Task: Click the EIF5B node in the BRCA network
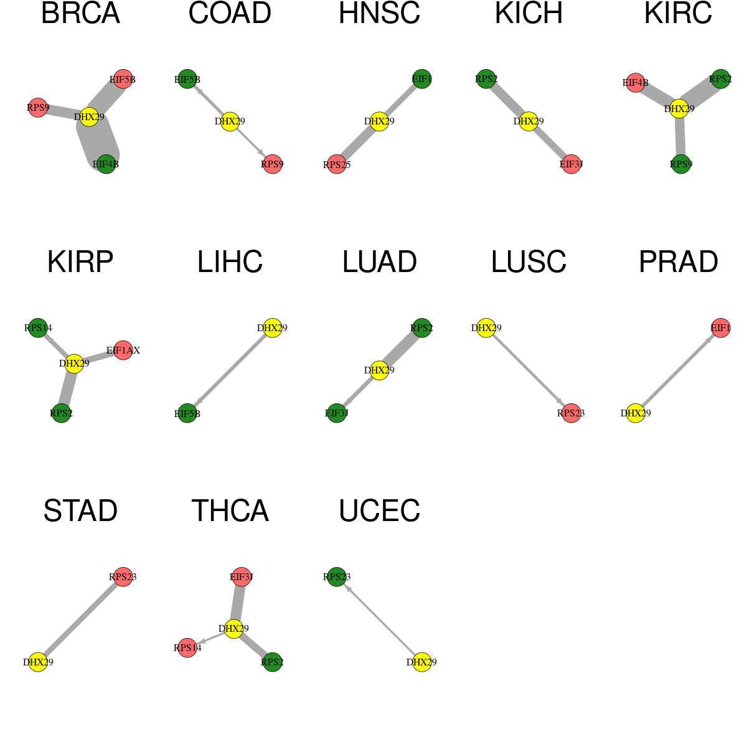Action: (123, 79)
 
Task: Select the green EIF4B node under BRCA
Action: (106, 164)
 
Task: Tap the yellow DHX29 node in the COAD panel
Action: (230, 121)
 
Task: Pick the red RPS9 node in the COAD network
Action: (272, 164)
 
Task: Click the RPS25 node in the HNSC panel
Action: (337, 164)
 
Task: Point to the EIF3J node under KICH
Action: (571, 164)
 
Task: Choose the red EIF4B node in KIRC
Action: (636, 83)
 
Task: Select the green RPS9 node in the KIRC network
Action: (681, 164)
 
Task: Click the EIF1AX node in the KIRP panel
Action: (123, 350)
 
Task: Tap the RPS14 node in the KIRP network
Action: (38, 327)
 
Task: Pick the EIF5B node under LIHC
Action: (187, 413)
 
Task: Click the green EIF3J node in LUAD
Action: (337, 413)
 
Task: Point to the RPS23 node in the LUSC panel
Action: (571, 413)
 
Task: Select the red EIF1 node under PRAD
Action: (721, 327)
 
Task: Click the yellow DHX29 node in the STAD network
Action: (38, 662)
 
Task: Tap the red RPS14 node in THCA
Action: (187, 647)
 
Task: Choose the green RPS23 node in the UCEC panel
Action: (337, 576)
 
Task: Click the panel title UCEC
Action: (379, 510)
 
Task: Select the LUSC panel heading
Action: (529, 261)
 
